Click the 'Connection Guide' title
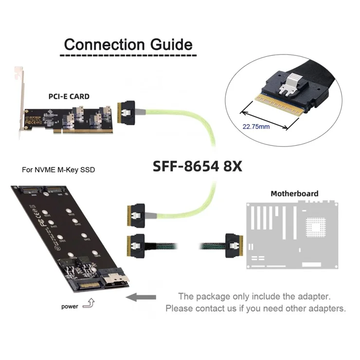pos(128,45)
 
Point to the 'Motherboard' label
pos(294,194)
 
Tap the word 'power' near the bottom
pos(71,306)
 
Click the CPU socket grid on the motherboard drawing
pos(318,228)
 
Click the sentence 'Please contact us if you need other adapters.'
pos(255,308)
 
